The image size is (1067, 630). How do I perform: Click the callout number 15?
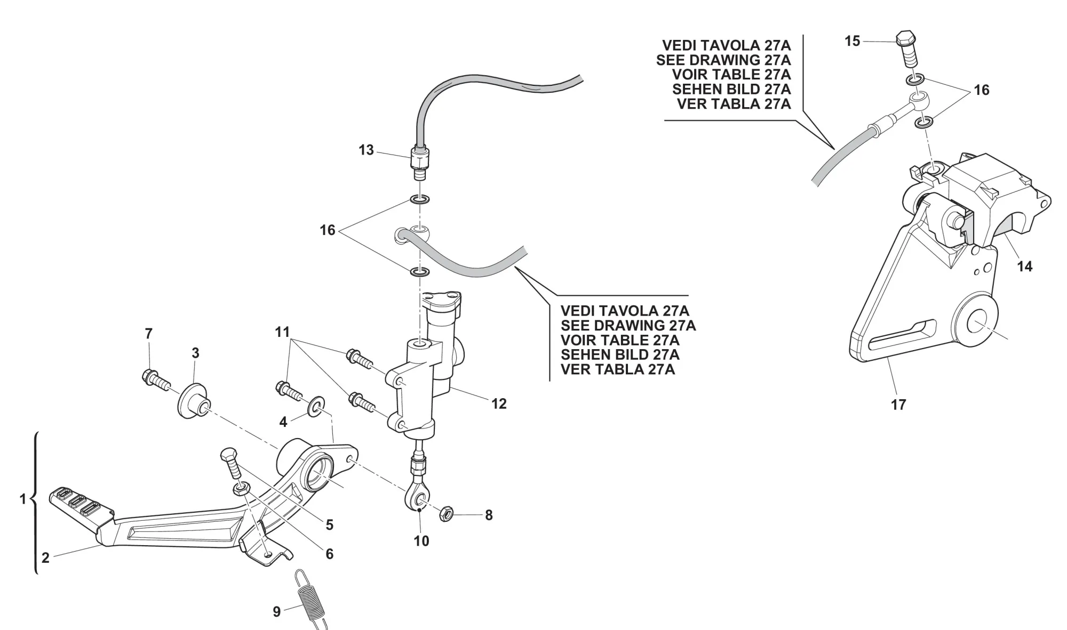[853, 41]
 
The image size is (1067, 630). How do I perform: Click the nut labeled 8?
[446, 514]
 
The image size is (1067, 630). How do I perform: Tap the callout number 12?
[499, 404]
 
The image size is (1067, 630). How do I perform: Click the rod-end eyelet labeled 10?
[417, 499]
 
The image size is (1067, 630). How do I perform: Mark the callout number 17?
[898, 405]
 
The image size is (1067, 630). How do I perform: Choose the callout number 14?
[1025, 266]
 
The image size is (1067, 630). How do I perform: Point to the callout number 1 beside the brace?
[22, 499]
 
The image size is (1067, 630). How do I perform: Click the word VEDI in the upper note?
[680, 45]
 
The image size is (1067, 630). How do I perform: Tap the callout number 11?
[282, 332]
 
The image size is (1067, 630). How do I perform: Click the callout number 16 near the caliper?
[982, 90]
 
